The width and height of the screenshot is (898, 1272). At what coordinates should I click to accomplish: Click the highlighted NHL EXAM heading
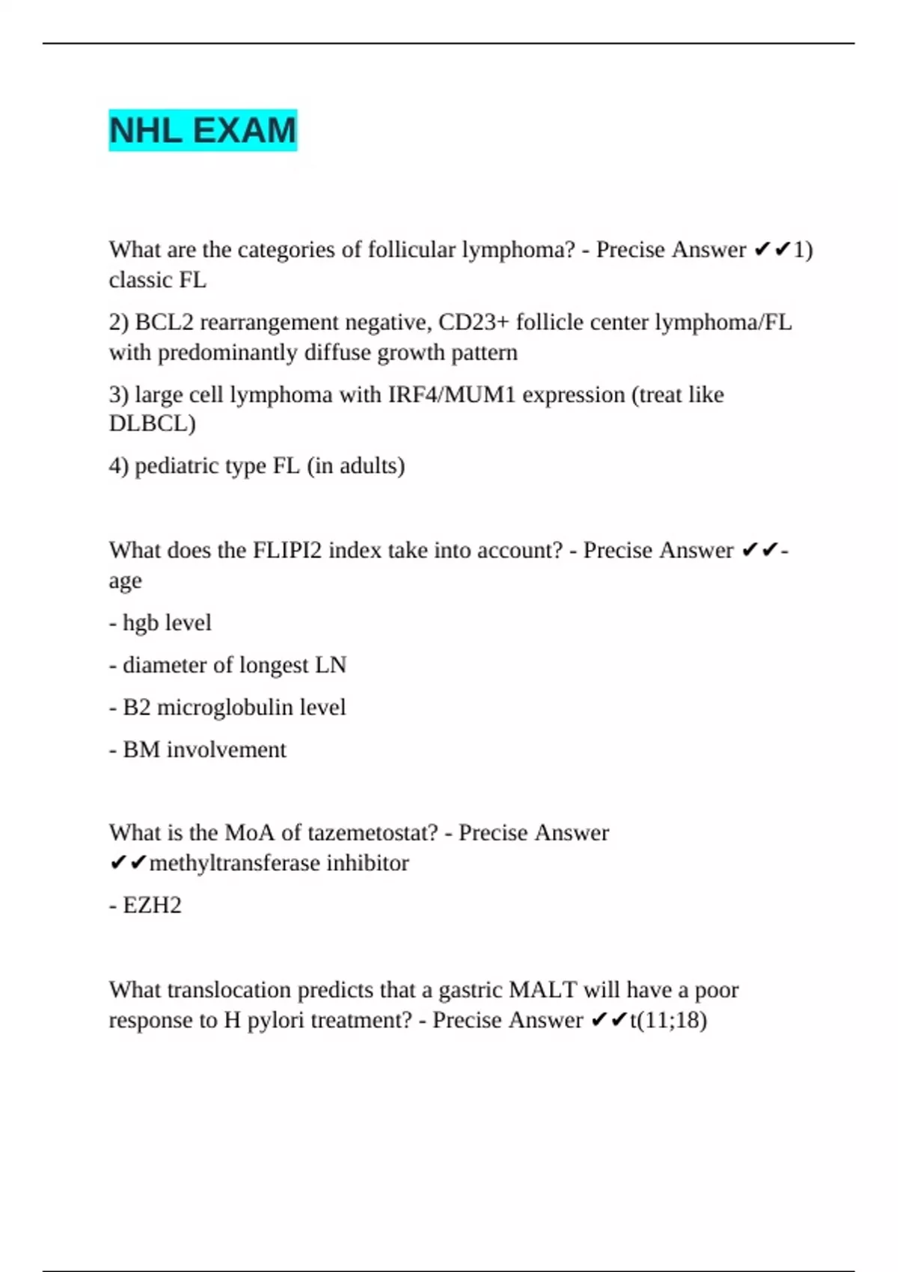[203, 130]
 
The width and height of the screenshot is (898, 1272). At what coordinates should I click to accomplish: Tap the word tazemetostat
[373, 833]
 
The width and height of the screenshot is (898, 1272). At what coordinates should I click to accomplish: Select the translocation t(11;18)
[668, 1020]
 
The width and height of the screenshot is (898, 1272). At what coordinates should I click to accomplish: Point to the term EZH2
[152, 905]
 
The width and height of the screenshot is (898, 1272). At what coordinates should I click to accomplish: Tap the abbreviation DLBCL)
[152, 424]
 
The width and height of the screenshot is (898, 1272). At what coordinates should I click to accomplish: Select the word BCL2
[164, 322]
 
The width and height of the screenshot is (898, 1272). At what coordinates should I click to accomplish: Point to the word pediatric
[174, 465]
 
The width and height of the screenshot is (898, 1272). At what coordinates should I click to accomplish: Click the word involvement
[226, 749]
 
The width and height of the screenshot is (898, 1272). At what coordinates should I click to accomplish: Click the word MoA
[249, 833]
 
